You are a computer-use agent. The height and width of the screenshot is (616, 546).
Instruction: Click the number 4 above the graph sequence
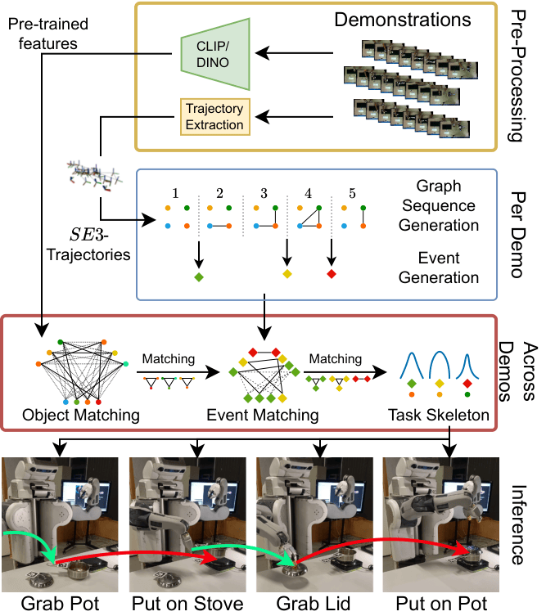pos(308,195)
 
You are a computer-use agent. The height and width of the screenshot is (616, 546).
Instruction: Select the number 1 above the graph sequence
pos(175,195)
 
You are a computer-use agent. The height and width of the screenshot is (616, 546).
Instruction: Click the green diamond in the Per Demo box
pos(199,278)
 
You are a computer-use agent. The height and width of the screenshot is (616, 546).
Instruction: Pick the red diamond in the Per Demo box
pos(332,272)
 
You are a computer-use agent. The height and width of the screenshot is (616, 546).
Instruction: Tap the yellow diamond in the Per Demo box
pos(287,272)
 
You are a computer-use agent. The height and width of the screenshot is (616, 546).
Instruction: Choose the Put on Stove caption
pos(188,605)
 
